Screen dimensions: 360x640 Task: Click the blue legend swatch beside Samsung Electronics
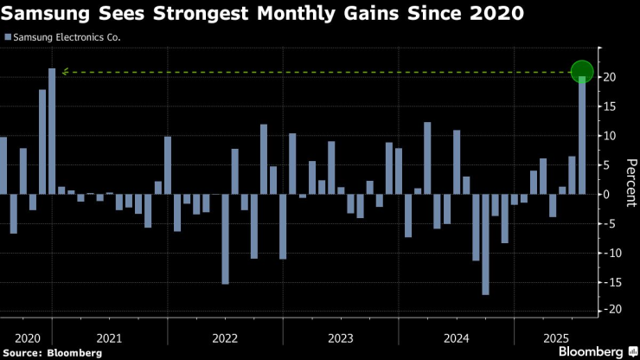(7, 37)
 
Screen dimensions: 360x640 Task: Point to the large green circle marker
(582, 72)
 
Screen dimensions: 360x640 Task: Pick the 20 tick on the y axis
(610, 78)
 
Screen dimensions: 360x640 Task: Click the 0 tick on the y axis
(607, 195)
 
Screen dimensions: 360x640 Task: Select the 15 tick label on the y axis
(610, 106)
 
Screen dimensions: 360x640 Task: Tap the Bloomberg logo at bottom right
(596, 351)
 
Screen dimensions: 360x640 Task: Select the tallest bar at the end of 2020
(52, 131)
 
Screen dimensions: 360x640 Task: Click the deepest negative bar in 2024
(485, 244)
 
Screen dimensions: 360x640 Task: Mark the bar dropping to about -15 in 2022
(225, 239)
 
